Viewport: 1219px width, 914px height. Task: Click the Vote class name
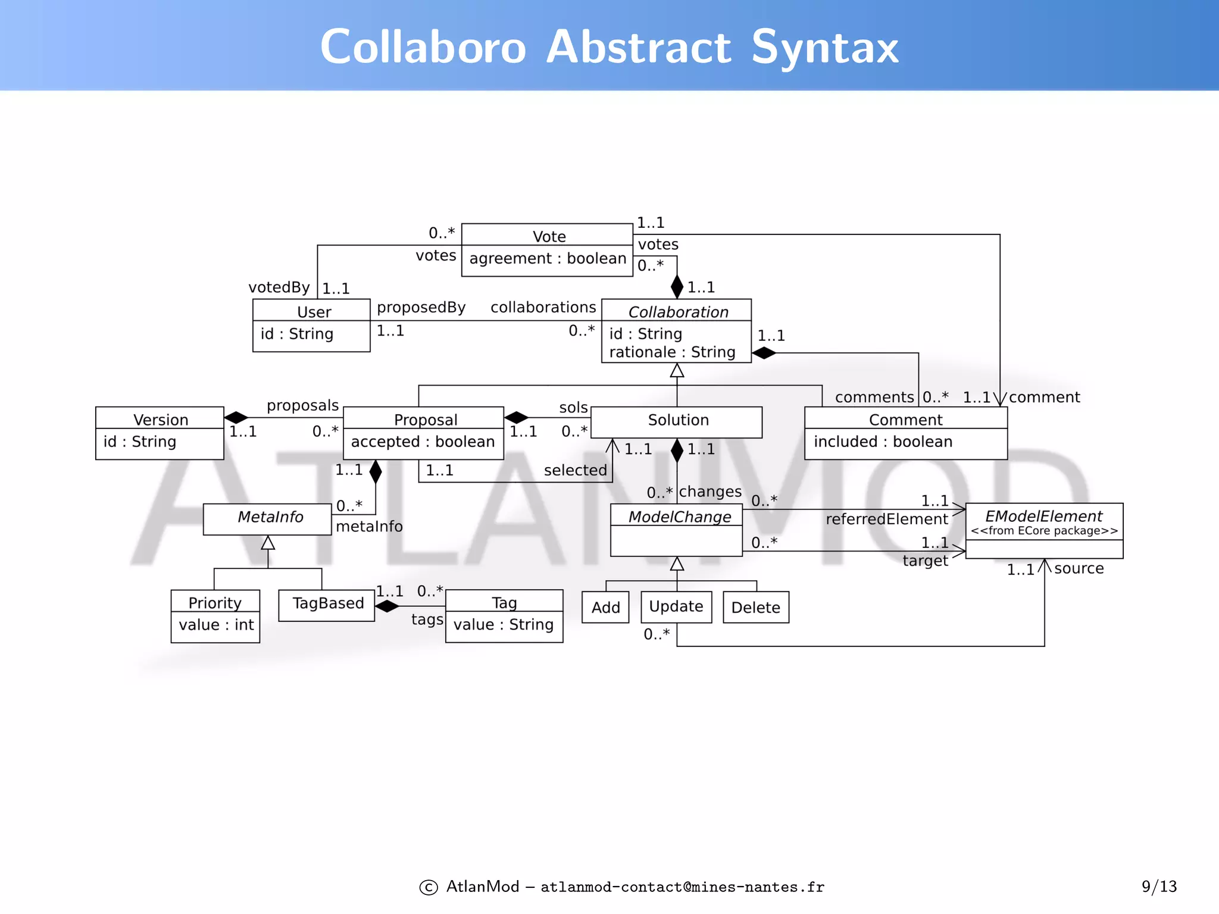click(x=549, y=236)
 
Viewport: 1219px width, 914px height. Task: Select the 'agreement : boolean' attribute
click(x=548, y=258)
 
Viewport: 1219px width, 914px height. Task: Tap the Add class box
click(x=605, y=607)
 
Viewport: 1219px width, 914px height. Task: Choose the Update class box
click(x=676, y=606)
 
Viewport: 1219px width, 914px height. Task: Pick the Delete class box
click(x=755, y=607)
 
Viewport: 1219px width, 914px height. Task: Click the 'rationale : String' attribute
click(x=672, y=352)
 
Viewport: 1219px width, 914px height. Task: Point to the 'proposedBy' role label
click(x=421, y=308)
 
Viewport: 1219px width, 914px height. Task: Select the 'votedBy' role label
click(x=279, y=287)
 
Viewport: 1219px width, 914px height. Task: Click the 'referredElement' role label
click(x=886, y=519)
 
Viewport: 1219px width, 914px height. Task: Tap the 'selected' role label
click(x=575, y=470)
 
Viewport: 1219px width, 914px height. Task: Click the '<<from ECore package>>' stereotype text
click(x=1044, y=531)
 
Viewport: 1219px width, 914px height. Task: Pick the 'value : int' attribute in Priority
click(x=216, y=625)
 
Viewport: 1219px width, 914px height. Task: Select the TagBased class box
click(x=327, y=604)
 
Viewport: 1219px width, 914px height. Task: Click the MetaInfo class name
click(x=270, y=517)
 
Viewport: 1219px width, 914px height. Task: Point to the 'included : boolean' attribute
click(x=883, y=442)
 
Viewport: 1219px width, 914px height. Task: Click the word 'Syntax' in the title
click(x=824, y=48)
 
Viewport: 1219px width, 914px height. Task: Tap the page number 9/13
click(x=1158, y=887)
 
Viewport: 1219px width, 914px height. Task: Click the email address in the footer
click(x=682, y=887)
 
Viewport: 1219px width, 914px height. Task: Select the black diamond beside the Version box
click(x=236, y=417)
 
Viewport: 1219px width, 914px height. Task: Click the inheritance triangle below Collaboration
click(x=677, y=371)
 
